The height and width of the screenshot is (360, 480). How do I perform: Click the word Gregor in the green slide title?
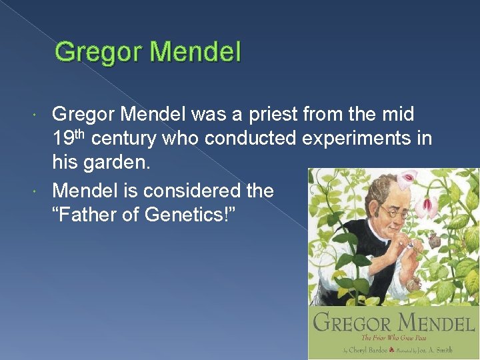(x=95, y=52)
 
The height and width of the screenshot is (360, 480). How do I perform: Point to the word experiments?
(x=355, y=139)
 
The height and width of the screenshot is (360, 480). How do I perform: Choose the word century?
(x=127, y=139)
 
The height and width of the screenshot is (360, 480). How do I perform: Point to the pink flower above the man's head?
(x=407, y=177)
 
